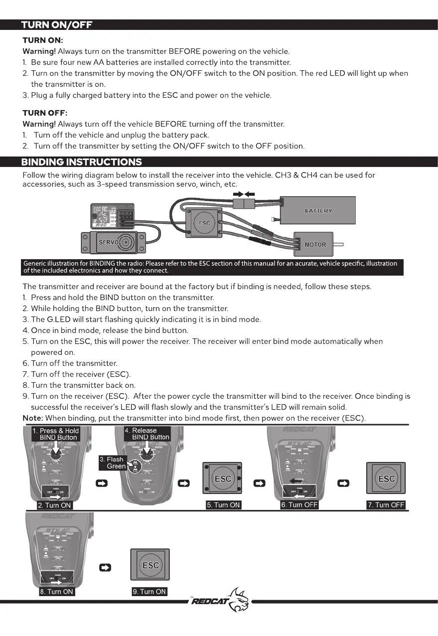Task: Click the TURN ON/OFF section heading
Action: (56, 25)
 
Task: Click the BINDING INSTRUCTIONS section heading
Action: (81, 161)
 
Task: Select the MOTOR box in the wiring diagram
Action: (314, 244)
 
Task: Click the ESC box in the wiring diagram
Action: (204, 222)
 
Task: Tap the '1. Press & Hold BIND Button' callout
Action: (55, 434)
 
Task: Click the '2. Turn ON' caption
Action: (55, 505)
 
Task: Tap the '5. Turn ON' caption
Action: (224, 505)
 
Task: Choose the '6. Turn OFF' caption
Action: (299, 505)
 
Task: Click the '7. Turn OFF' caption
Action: (386, 505)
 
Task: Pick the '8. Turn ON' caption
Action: (56, 592)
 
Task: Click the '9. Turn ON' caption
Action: (149, 592)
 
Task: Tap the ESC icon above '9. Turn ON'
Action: (150, 565)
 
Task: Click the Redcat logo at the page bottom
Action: (219, 601)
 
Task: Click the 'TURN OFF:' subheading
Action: (45, 113)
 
